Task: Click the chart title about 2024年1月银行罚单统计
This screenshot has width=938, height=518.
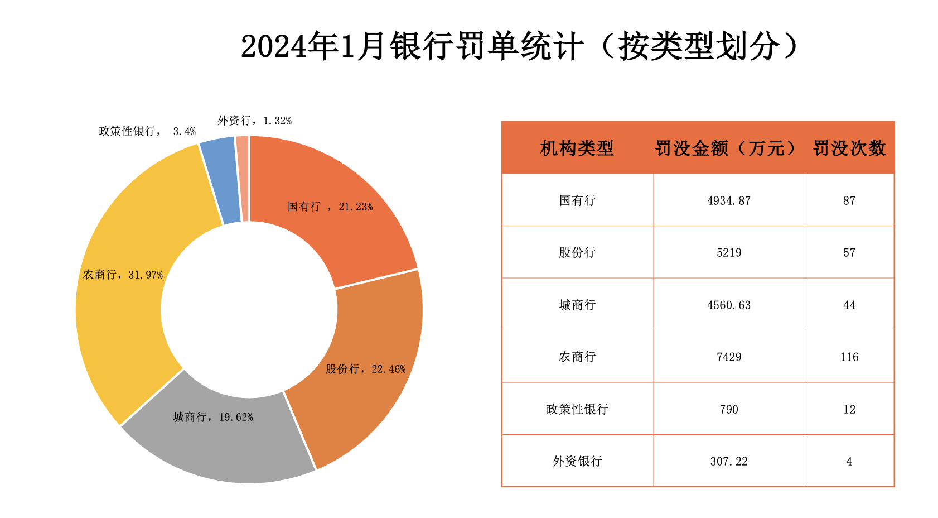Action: pyautogui.click(x=520, y=46)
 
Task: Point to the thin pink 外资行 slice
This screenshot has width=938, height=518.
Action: pyautogui.click(x=243, y=179)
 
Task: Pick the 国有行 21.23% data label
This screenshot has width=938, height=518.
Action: pyautogui.click(x=330, y=207)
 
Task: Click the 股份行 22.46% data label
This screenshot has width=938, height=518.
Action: pyautogui.click(x=366, y=369)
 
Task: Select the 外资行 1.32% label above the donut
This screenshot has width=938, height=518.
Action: pyautogui.click(x=254, y=121)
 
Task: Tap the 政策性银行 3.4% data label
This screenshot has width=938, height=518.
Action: pyautogui.click(x=147, y=131)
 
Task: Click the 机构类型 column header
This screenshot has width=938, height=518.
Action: pyautogui.click(x=577, y=148)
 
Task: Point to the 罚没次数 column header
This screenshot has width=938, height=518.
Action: pyautogui.click(x=849, y=148)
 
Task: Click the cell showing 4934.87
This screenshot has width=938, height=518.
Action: pyautogui.click(x=729, y=200)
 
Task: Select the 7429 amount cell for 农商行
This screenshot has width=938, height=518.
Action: pyautogui.click(x=729, y=357)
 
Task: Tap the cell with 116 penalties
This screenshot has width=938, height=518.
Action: pyautogui.click(x=849, y=357)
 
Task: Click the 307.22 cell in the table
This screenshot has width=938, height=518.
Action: pyautogui.click(x=729, y=461)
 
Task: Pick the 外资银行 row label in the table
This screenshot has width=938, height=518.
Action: pyautogui.click(x=577, y=461)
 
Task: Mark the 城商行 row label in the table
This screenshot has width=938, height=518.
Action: pyautogui.click(x=577, y=305)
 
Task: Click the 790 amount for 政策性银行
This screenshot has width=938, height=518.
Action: pyautogui.click(x=729, y=409)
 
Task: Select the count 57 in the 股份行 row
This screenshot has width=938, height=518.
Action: pyautogui.click(x=849, y=252)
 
